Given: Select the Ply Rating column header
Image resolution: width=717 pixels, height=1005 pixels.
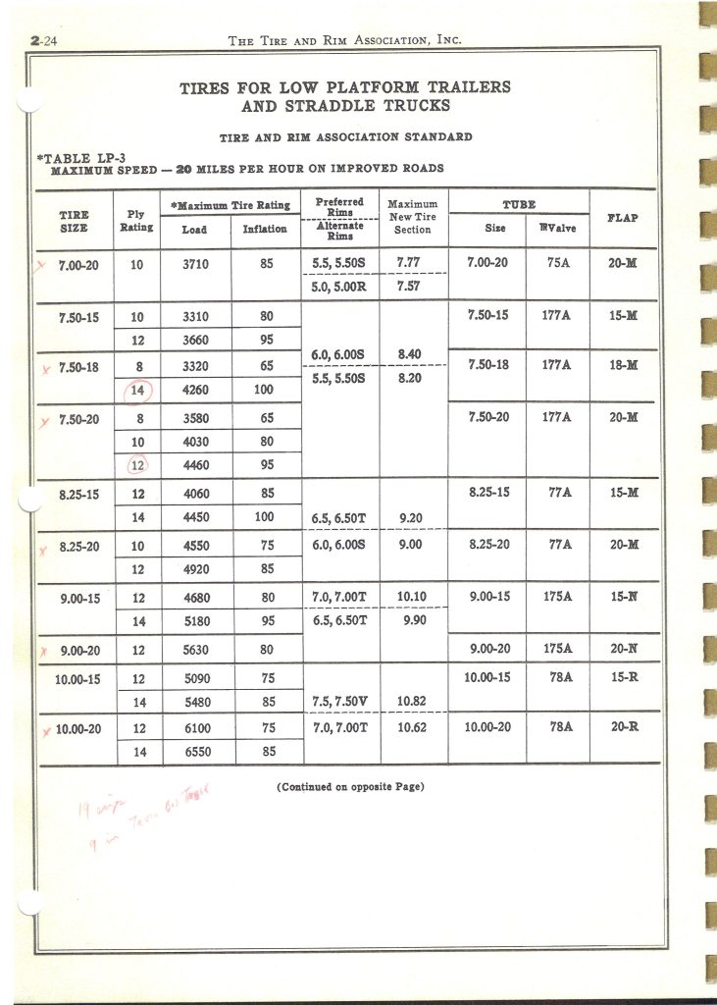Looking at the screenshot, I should point(136,220).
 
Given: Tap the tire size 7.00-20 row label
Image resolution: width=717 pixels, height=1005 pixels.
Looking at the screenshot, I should point(77,263).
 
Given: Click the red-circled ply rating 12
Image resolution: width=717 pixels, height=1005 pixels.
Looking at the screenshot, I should point(137,465).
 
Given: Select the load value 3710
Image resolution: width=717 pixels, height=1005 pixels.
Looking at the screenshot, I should point(196,263).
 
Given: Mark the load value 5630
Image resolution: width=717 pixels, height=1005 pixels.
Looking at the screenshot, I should point(196,648).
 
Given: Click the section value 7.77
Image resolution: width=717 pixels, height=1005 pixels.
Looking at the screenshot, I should point(413,263).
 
